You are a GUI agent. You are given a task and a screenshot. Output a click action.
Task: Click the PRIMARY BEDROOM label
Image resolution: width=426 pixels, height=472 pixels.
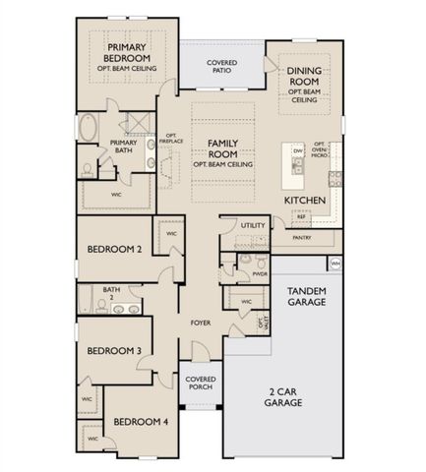click(126, 53)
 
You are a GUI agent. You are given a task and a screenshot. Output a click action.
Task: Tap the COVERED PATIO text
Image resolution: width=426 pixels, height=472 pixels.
click(220, 68)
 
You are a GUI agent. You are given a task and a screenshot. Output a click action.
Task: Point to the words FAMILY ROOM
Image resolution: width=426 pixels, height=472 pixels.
click(223, 148)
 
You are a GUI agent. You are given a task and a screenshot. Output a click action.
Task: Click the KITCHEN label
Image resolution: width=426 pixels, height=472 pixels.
click(305, 200)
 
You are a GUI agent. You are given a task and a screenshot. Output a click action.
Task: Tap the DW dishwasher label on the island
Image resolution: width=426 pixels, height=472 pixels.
click(296, 150)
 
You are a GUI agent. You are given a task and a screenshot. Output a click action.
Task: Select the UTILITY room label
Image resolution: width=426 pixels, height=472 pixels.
click(253, 225)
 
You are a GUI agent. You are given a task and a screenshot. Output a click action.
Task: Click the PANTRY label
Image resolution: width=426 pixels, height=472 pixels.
click(302, 237)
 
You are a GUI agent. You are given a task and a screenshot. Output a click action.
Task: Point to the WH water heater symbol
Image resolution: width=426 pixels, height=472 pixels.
click(335, 264)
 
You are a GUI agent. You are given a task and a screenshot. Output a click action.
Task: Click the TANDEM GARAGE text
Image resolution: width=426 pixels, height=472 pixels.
click(307, 298)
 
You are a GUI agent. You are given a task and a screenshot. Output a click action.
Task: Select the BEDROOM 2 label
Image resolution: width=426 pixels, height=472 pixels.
click(114, 250)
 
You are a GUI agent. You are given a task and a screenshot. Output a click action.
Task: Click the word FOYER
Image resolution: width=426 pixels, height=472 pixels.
click(201, 322)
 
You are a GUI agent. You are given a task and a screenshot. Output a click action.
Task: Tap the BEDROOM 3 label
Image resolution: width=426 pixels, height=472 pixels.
click(114, 350)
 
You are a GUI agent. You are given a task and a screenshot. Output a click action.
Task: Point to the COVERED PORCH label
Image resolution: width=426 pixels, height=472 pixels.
click(201, 383)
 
